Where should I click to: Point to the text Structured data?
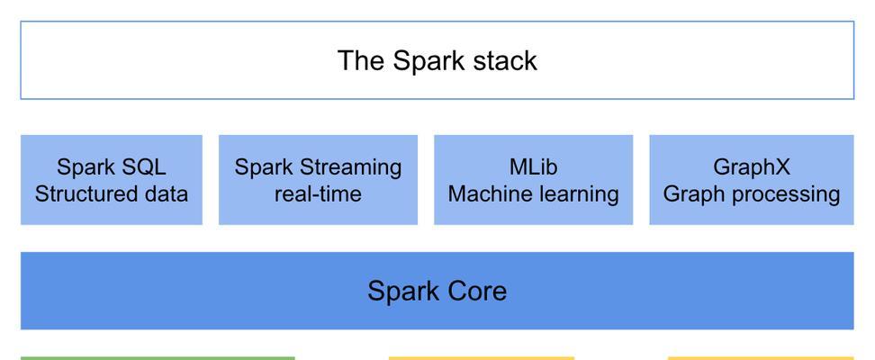[112, 194]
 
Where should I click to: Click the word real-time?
[318, 194]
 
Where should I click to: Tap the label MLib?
[534, 166]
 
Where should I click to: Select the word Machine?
[484, 194]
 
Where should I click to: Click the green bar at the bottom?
[158, 358]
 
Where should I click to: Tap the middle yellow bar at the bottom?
[482, 358]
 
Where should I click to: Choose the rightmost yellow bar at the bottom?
[761, 358]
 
